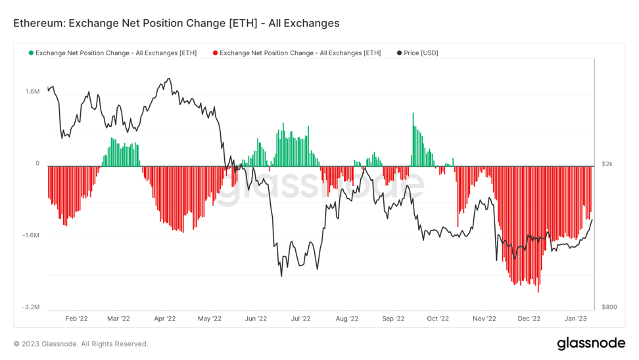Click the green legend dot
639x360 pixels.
[x=31, y=53]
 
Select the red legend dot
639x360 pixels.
[x=215, y=53]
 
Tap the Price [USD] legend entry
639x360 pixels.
[x=421, y=53]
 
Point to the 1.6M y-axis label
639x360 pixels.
[x=32, y=91]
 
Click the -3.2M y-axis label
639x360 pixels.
[x=30, y=307]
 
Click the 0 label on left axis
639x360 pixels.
[x=37, y=163]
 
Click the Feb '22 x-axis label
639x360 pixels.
[x=76, y=319]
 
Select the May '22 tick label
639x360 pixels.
[x=209, y=319]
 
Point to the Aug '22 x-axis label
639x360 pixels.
[x=346, y=319]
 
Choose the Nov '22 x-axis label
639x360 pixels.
[x=484, y=319]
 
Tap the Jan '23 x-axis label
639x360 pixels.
[x=576, y=319]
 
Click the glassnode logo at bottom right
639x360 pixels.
[x=591, y=343]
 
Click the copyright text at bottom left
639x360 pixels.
[x=81, y=344]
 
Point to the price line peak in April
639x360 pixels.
[x=169, y=79]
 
